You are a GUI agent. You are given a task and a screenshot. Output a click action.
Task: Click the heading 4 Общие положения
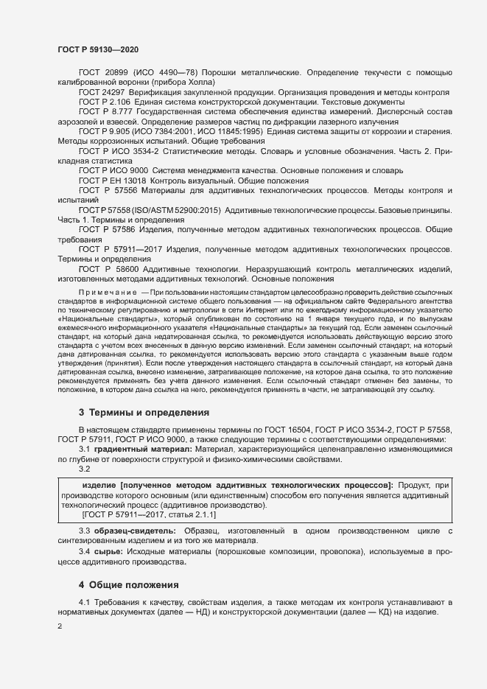tap(130, 585)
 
